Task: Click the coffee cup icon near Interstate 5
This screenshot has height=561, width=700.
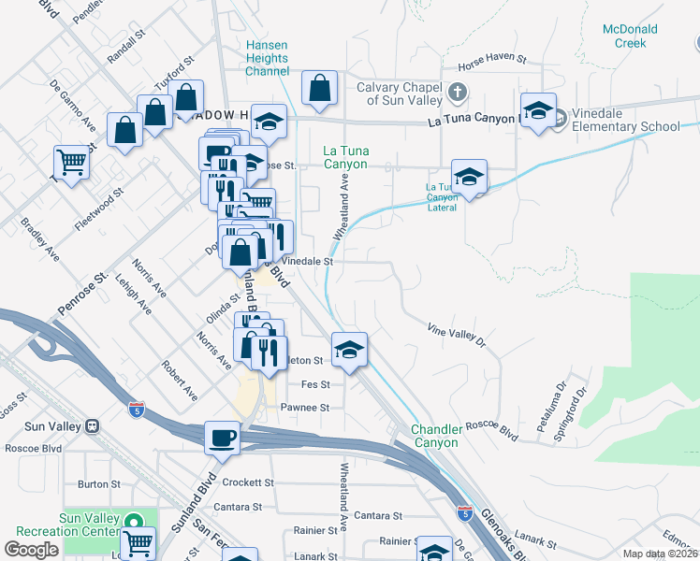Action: [222, 437]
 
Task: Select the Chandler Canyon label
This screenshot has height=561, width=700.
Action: [435, 436]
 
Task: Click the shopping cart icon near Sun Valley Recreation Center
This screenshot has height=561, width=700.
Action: [138, 541]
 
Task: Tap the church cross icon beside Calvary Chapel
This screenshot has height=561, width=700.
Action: [457, 93]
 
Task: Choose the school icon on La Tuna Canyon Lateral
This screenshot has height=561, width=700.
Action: [469, 175]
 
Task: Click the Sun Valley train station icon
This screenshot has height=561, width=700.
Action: [92, 426]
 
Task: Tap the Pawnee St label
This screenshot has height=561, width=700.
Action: [305, 408]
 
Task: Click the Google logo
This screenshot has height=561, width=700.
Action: [31, 550]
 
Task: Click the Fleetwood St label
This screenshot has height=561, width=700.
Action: [99, 209]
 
